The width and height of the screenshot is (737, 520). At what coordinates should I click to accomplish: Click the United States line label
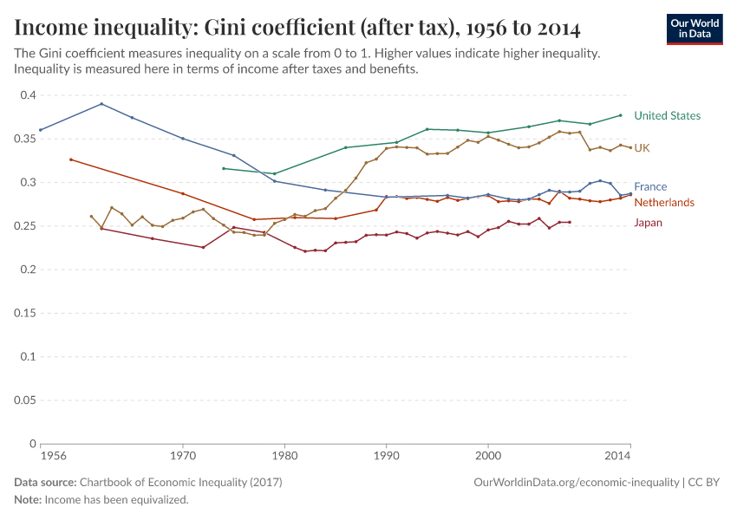coord(667,115)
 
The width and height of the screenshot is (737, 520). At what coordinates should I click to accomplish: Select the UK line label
coord(642,148)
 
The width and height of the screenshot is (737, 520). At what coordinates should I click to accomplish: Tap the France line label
coord(650,186)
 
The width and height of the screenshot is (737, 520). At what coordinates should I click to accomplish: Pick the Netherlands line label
coord(663,202)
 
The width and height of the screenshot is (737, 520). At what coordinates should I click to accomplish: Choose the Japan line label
coord(649,222)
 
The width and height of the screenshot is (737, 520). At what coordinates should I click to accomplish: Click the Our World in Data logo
coord(695,29)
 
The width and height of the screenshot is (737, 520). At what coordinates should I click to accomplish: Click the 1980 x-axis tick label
coord(284,455)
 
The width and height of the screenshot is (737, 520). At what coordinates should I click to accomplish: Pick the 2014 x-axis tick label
coord(617,455)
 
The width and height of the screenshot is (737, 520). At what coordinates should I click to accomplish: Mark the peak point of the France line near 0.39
coord(101,104)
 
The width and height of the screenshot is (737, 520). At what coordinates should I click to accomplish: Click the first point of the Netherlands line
coord(71,159)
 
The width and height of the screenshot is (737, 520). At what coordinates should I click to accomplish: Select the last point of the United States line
coord(620,115)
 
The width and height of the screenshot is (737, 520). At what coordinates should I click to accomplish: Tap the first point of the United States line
coord(224,168)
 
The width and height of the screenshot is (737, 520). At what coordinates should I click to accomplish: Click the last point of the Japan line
coord(570,222)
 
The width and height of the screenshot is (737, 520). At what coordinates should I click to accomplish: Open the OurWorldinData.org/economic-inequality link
coord(576,482)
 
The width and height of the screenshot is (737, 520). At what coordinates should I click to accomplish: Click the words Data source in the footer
coord(45,482)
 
